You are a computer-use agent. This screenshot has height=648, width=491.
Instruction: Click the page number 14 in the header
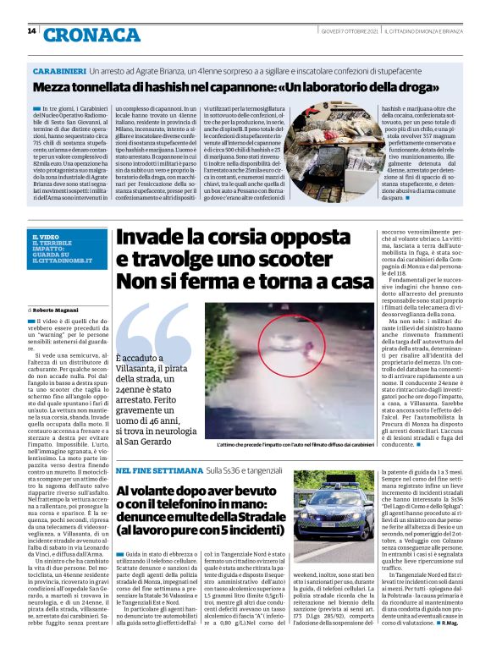click(31, 31)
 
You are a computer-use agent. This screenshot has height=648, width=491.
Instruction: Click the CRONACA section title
click(92, 35)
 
